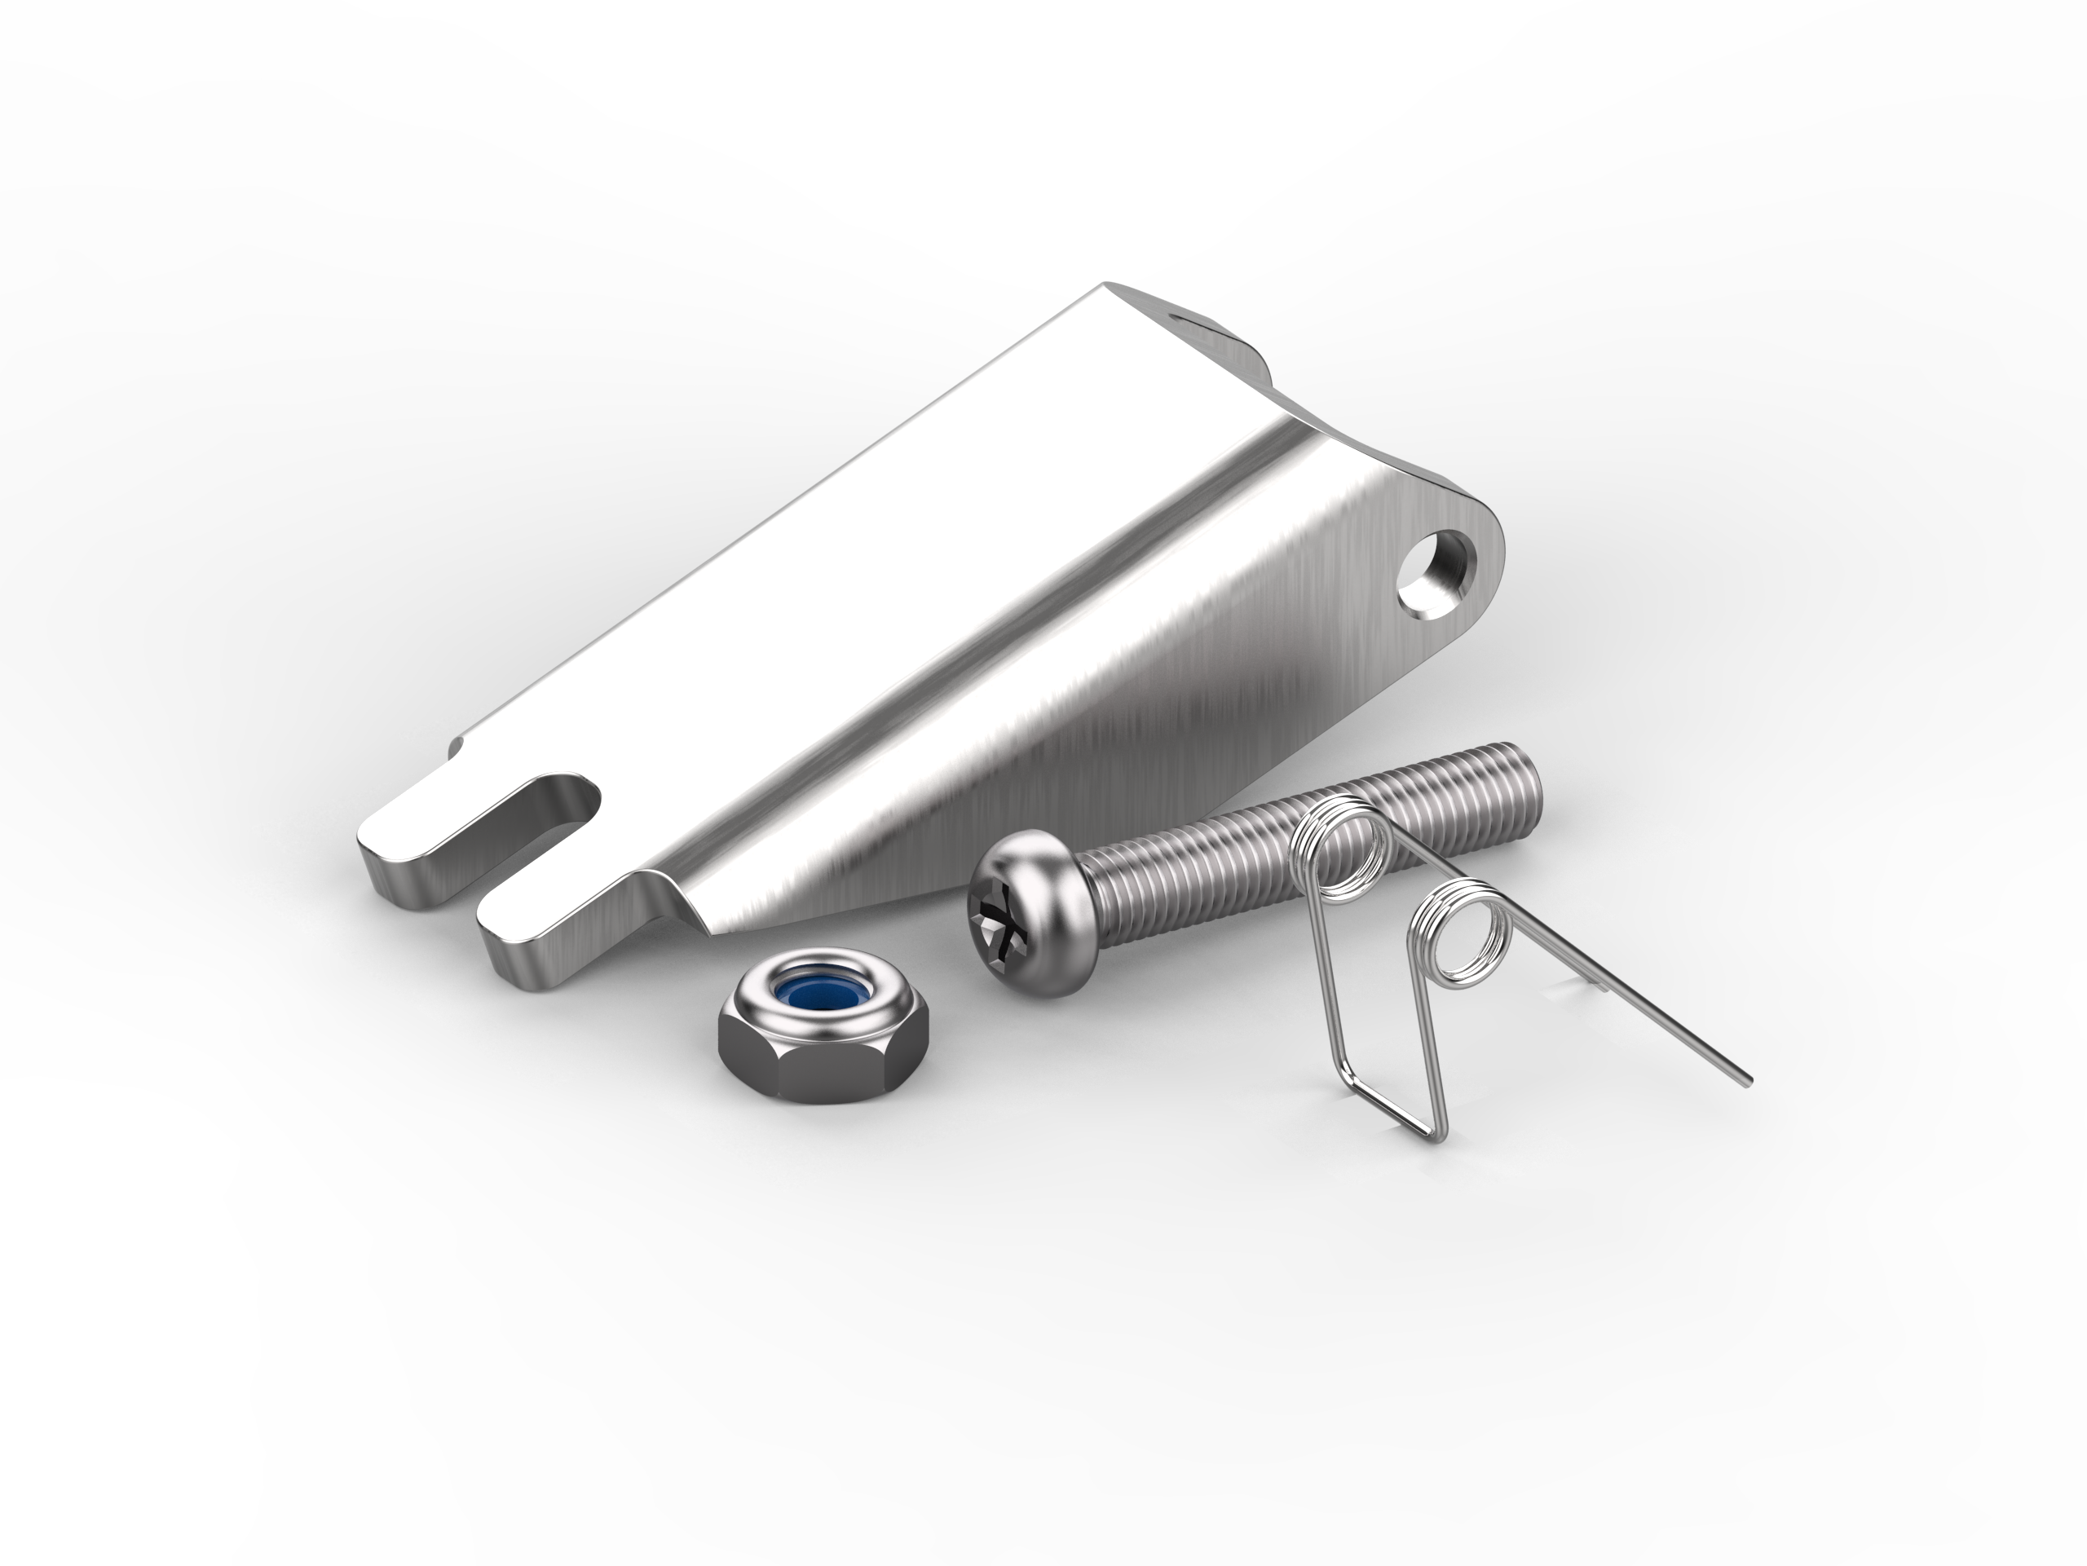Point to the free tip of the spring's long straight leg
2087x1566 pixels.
coord(1747,1082)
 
